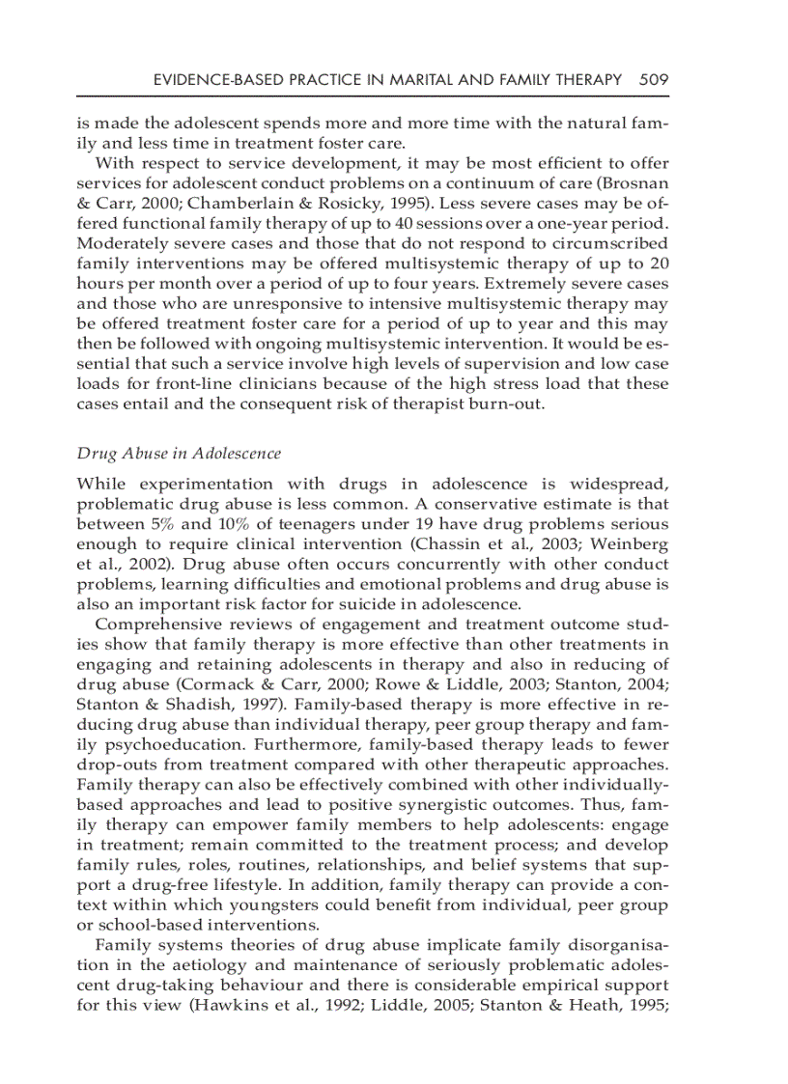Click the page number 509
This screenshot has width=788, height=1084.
pyautogui.click(x=654, y=80)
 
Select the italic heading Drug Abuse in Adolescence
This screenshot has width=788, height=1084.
pyautogui.click(x=179, y=453)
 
